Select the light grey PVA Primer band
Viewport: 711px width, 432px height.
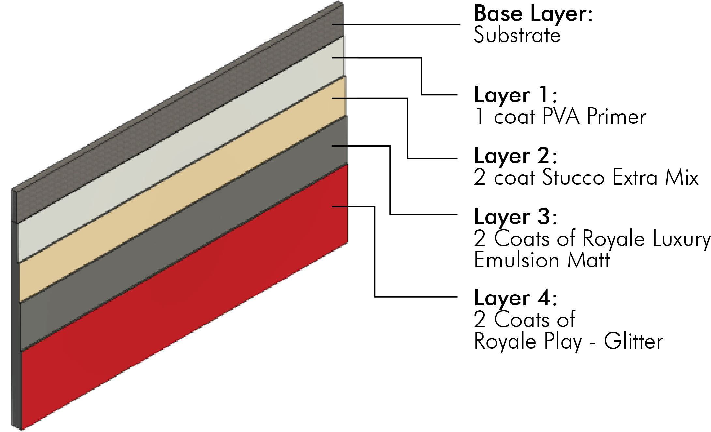click(183, 147)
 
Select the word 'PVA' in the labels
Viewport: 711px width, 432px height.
click(561, 117)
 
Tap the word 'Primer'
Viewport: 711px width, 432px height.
click(616, 117)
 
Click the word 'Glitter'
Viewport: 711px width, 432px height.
click(634, 341)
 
